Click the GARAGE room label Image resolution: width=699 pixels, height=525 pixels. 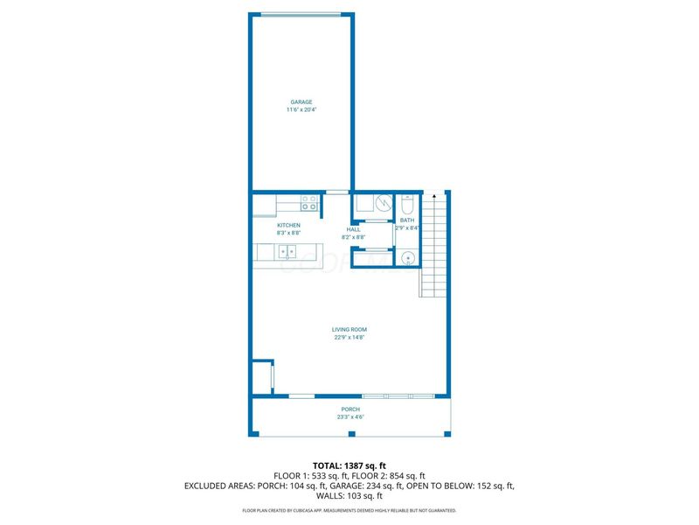[x=301, y=101]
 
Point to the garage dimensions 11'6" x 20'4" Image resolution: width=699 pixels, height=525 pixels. [x=301, y=110]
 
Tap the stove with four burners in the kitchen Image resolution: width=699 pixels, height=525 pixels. [x=309, y=203]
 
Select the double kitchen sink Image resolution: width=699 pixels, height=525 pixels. [x=287, y=252]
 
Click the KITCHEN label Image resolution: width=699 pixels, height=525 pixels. [x=288, y=225]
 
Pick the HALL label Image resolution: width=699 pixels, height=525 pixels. [x=353, y=229]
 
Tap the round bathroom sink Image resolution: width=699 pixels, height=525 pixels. [x=407, y=257]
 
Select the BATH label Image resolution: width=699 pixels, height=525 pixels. [x=407, y=220]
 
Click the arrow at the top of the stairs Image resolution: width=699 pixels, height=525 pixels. [x=434, y=198]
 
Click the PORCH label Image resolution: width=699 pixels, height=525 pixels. [x=349, y=409]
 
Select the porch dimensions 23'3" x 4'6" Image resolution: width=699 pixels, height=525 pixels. [x=349, y=417]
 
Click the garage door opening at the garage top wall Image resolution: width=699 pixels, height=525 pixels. [x=301, y=14]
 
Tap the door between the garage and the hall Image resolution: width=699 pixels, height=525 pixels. [x=337, y=192]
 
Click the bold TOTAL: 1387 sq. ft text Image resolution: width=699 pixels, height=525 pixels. [x=349, y=465]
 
